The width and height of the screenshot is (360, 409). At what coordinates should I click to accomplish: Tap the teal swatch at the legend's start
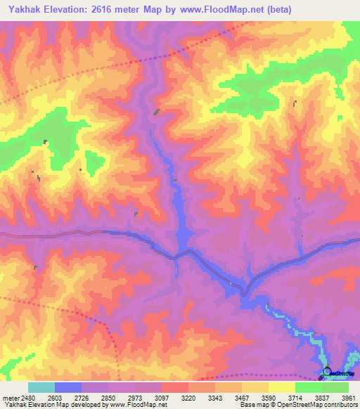(41, 387)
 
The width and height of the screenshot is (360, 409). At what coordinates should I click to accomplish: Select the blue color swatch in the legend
(68, 387)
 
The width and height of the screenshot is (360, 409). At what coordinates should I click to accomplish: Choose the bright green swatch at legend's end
(335, 387)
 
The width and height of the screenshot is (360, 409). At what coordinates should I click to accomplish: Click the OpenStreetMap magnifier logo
(327, 373)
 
